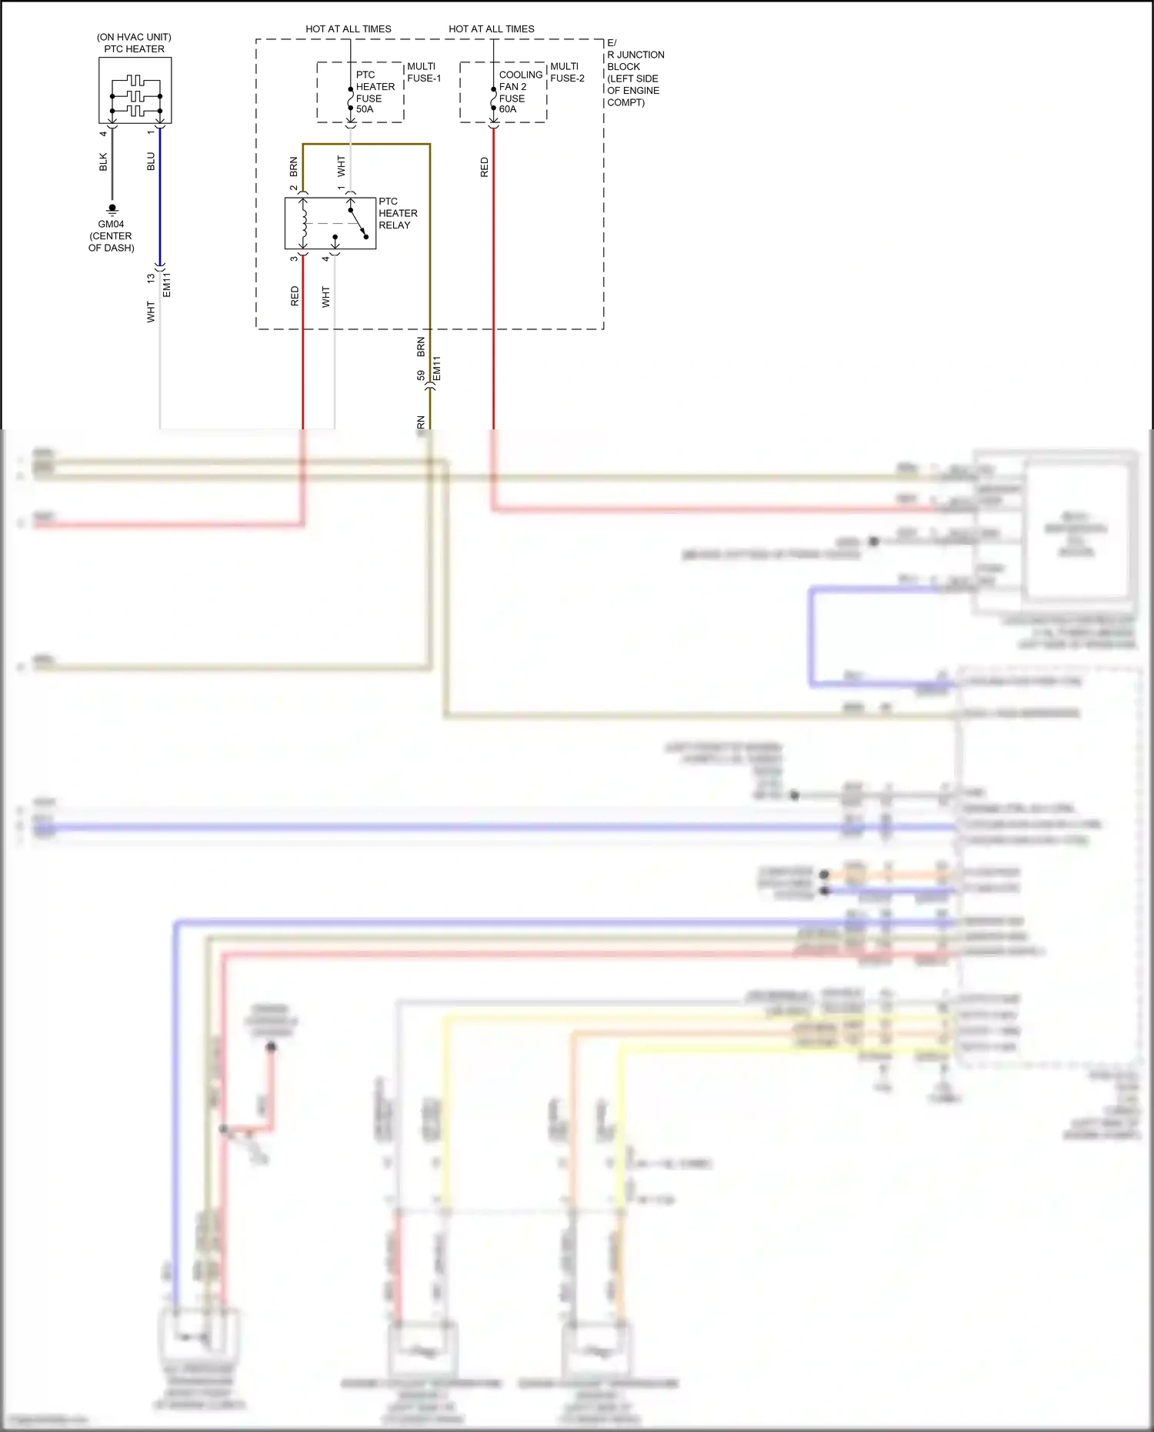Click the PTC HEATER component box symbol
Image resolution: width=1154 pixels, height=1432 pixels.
pos(135,90)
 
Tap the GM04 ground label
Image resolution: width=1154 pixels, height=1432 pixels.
pos(111,224)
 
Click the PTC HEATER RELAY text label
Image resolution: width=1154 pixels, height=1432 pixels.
pos(398,213)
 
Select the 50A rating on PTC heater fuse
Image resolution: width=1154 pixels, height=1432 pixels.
pos(365,109)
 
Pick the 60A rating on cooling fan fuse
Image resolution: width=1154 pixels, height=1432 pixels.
pos(508,109)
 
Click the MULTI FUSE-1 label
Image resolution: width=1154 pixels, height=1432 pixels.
pos(423,72)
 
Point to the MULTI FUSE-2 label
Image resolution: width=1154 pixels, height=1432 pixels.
pos(567,72)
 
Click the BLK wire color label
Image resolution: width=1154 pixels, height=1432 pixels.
pos(103,162)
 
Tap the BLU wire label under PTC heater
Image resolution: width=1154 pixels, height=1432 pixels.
pos(151,162)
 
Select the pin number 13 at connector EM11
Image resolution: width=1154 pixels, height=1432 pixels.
pos(151,279)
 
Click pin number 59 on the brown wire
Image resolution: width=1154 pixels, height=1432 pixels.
pos(420,376)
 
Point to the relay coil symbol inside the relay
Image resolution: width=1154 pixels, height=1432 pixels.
pos(304,223)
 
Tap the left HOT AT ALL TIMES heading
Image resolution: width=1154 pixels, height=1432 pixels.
pos(349,29)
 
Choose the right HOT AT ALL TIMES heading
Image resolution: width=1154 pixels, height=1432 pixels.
pos(492,29)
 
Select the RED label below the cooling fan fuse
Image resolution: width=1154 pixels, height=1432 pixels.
pos(484,167)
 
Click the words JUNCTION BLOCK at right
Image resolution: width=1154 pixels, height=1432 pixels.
pos(635,61)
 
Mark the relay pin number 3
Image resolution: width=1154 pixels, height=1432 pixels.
pos(294,259)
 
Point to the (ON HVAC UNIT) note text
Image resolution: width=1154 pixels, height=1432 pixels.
pos(134,37)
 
